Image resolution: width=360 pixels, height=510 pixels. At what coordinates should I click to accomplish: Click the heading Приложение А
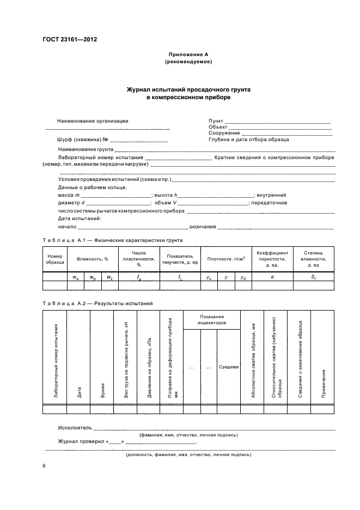coord(188,54)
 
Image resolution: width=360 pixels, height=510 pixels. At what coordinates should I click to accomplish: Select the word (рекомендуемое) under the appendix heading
coord(188,62)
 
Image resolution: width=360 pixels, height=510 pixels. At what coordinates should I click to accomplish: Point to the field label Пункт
coord(216,121)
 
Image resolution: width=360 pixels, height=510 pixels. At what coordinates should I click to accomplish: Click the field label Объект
coord(218,127)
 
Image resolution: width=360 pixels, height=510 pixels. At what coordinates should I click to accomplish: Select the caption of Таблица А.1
coord(113,240)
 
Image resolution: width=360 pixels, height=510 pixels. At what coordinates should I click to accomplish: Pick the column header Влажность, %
coord(93,259)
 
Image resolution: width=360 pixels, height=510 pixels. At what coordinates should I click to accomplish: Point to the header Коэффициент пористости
coord(272,259)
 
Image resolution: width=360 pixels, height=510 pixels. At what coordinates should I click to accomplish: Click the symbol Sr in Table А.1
coord(313,277)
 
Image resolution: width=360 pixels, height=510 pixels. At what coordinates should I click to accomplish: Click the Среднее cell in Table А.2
coord(229,367)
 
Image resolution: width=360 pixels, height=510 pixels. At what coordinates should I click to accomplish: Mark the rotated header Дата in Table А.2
coord(79,391)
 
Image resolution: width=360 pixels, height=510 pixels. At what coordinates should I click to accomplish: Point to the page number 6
coord(44,466)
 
